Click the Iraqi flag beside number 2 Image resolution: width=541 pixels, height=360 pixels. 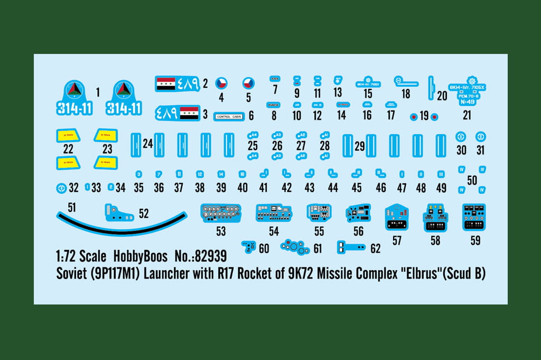(165, 82)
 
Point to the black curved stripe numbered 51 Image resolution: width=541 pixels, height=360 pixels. (122, 223)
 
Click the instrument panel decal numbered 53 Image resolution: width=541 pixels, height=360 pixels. (220, 213)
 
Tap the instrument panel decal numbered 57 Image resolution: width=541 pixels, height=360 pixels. (397, 217)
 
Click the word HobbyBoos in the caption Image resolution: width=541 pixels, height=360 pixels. (140, 257)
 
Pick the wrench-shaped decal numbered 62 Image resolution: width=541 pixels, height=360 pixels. (351, 246)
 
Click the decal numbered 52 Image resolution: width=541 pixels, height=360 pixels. (119, 212)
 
